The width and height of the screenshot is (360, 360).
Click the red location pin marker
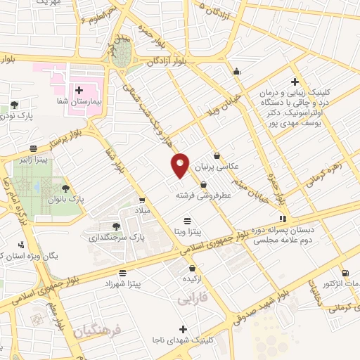[x=180, y=165]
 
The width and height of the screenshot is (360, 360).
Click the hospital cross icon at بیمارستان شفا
[x=78, y=91]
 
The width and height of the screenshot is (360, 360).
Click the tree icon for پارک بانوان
[x=65, y=188]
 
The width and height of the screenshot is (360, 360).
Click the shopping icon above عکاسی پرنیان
[x=217, y=156]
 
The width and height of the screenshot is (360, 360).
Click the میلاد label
[x=142, y=211]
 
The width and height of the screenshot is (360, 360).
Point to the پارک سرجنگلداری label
[x=116, y=238]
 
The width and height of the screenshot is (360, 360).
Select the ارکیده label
[x=192, y=278]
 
